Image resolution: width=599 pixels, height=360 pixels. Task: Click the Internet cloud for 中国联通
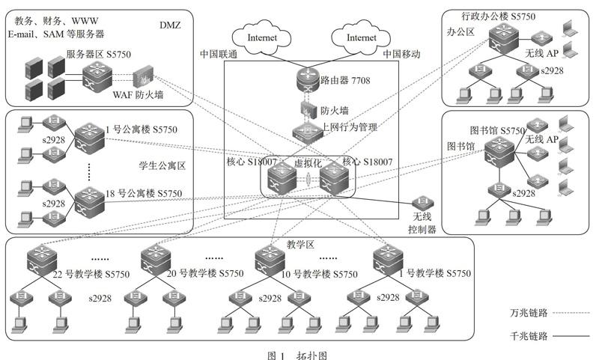[261, 37]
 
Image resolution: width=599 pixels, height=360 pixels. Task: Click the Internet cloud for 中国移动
[361, 37]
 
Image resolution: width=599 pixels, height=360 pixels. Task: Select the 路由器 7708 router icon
[308, 79]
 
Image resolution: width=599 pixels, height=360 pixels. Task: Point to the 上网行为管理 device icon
[308, 132]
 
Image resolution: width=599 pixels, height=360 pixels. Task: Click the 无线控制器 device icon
[422, 203]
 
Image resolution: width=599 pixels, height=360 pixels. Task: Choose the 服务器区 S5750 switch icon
[97, 78]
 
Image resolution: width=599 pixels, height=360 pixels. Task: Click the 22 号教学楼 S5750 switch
[42, 260]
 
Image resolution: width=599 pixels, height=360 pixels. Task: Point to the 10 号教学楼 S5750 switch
[270, 260]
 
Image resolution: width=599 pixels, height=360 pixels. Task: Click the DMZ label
[170, 25]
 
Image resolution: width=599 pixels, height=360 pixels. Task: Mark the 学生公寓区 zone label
[162, 165]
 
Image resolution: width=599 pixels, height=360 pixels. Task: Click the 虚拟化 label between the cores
[308, 163]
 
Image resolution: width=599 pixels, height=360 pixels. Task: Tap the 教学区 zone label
[300, 244]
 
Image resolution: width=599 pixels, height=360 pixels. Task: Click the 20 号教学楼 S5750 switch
[156, 260]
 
